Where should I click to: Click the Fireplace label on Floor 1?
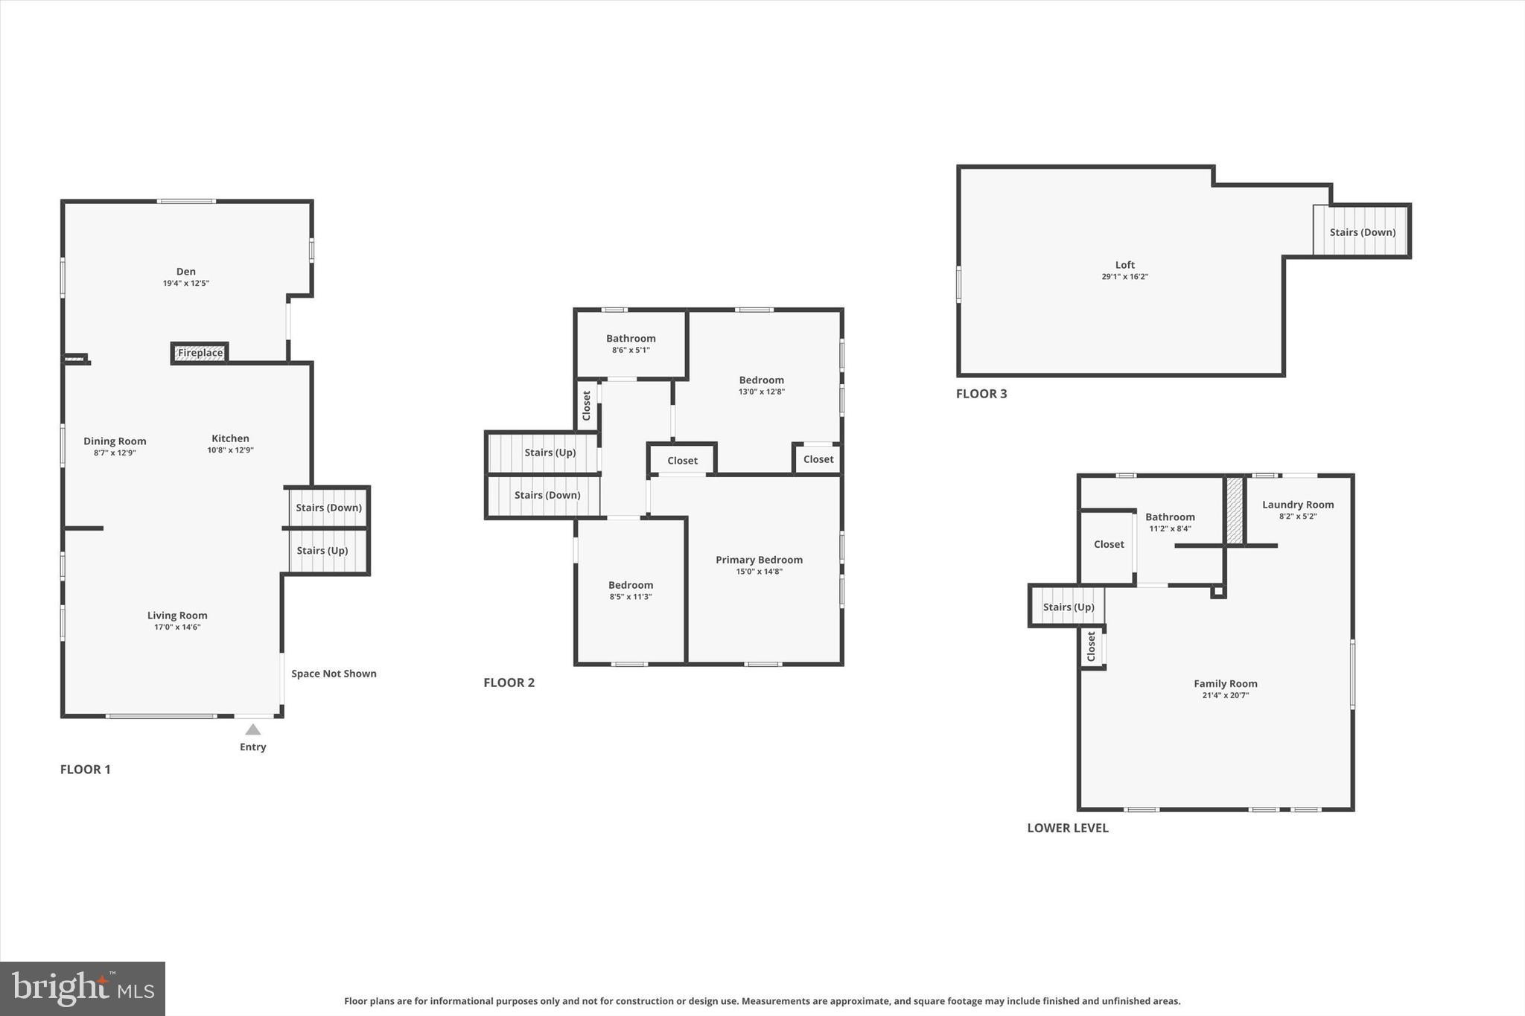pos(200,353)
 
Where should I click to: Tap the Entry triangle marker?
pos(253,729)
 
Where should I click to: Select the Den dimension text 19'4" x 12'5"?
pos(186,284)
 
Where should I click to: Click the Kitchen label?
pos(230,438)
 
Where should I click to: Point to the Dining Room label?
pos(115,441)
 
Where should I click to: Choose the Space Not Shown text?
pos(334,674)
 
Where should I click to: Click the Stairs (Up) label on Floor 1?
pos(322,551)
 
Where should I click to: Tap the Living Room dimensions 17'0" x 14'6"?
pos(177,627)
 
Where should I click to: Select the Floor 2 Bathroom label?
pos(631,339)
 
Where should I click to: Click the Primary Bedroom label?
pos(759,560)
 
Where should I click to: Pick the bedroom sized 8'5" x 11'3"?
pos(631,590)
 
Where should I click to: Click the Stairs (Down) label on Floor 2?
pos(547,495)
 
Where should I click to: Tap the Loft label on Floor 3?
pos(1124,265)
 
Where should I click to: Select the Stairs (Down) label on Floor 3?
pos(1362,232)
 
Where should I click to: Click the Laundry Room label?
pos(1297,505)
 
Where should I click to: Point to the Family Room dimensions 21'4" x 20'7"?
pos(1225,695)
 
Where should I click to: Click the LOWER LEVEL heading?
pos(1067,828)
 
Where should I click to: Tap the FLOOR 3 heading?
pos(981,394)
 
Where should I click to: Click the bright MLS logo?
pos(83,988)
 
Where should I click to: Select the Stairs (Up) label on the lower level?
pos(1068,607)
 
